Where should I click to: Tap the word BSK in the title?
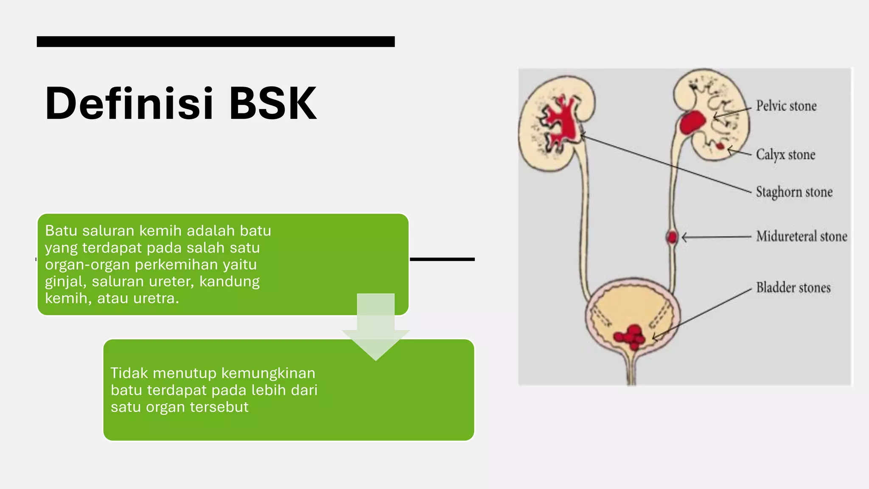coord(273,104)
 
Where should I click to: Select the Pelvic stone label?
coord(786,106)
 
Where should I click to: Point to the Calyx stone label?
coord(785,155)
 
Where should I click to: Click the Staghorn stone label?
coord(794,192)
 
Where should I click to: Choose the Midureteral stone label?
coord(802,236)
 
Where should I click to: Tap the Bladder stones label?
coord(793,287)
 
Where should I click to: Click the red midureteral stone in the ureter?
coord(672,236)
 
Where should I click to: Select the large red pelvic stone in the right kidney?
coord(692,122)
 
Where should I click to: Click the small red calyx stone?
coord(720,146)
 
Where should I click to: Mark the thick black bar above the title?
coord(216,42)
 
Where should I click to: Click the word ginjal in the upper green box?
coord(64,281)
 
